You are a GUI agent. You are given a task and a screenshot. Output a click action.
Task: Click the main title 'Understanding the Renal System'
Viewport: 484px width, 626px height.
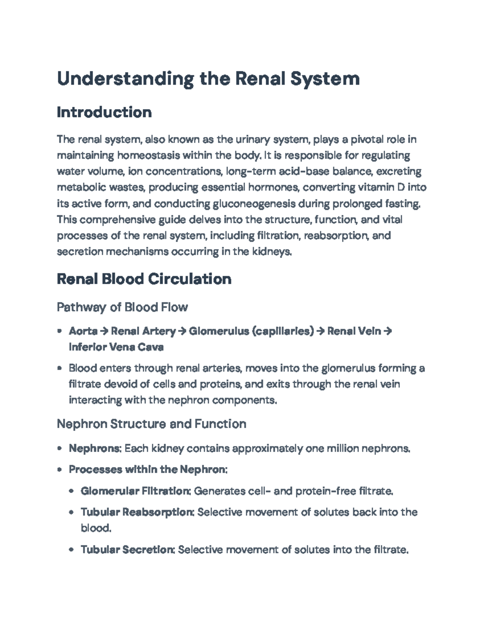click(x=208, y=78)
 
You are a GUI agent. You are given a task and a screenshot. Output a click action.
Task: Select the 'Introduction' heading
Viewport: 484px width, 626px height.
click(x=104, y=112)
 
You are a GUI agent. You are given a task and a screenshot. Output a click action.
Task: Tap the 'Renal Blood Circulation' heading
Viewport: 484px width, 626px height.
click(x=144, y=279)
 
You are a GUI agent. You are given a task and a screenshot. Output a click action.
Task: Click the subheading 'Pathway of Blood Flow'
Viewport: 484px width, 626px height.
click(x=122, y=307)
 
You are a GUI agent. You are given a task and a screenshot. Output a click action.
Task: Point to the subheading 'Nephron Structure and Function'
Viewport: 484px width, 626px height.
click(x=151, y=424)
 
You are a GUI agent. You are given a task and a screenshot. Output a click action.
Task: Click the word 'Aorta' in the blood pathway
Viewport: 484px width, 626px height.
click(x=83, y=331)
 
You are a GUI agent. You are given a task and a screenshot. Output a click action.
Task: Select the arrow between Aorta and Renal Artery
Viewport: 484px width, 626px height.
click(x=104, y=331)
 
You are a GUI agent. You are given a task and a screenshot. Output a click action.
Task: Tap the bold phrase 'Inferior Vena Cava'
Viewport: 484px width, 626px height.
click(x=116, y=347)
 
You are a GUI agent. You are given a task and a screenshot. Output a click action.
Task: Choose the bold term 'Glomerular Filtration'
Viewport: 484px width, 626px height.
click(x=136, y=491)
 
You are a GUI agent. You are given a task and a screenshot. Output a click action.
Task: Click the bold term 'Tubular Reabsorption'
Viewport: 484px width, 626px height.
click(x=138, y=512)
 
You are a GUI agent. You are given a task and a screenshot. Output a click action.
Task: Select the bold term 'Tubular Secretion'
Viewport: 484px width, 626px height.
click(x=127, y=549)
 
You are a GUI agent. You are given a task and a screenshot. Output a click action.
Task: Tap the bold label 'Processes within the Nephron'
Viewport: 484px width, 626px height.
click(x=148, y=470)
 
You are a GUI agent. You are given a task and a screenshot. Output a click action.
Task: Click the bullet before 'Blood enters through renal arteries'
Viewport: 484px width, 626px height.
click(x=60, y=368)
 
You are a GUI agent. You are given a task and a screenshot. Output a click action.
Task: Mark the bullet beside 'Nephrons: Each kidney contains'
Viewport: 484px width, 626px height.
click(x=60, y=448)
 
